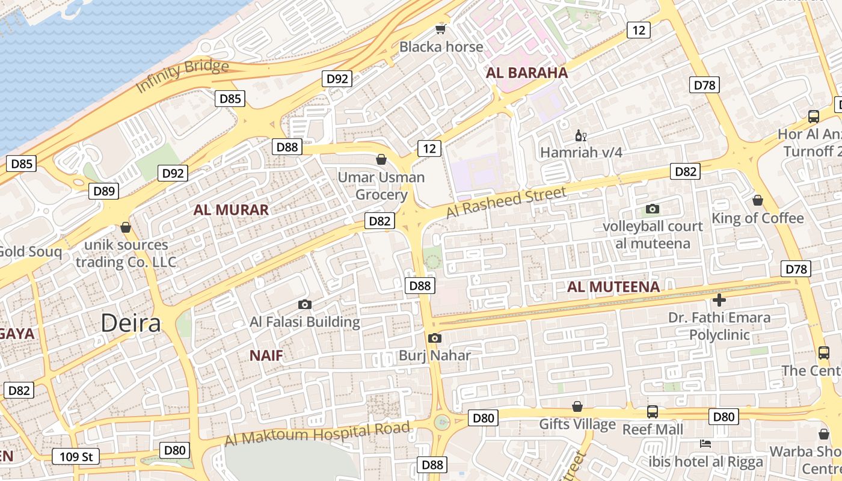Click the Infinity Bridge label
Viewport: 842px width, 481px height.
click(x=182, y=77)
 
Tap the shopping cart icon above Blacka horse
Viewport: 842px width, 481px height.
click(x=441, y=29)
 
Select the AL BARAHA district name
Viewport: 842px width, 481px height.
click(x=527, y=73)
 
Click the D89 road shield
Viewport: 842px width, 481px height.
click(x=104, y=191)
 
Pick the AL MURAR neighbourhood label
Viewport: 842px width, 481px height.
click(x=231, y=210)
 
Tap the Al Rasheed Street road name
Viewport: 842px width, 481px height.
click(x=506, y=202)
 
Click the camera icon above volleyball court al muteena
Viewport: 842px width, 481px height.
click(x=653, y=209)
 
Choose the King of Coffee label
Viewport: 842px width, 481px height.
click(x=758, y=218)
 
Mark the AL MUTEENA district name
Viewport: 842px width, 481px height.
click(x=613, y=287)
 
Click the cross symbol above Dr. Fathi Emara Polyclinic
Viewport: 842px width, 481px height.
click(x=719, y=299)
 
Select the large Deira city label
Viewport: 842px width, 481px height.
click(x=131, y=323)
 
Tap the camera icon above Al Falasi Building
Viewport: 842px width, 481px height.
click(x=305, y=304)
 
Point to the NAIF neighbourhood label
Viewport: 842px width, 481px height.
click(x=266, y=355)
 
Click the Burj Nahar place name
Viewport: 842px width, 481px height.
click(x=435, y=355)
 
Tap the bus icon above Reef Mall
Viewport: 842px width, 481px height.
click(x=653, y=412)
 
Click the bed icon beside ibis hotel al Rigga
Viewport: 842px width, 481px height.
click(x=705, y=444)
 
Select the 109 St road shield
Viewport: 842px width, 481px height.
click(x=75, y=457)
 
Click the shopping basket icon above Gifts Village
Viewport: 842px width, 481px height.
click(x=577, y=406)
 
